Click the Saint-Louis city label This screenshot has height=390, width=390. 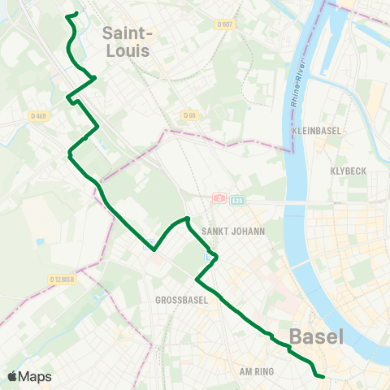(x=128, y=41)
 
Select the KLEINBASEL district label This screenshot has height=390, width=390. (x=317, y=130)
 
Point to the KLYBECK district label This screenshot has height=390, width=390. (x=350, y=171)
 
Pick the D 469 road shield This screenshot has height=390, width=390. (x=37, y=115)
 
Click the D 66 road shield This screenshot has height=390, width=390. (x=189, y=115)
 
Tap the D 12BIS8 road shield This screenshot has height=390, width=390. (x=63, y=279)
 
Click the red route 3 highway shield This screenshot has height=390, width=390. (x=218, y=198)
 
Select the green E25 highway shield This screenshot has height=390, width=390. (x=236, y=198)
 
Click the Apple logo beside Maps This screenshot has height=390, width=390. (x=13, y=376)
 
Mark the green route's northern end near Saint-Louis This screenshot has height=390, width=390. (x=76, y=13)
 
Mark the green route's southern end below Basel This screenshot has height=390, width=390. (x=323, y=376)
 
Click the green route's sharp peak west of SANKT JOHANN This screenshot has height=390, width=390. (x=188, y=218)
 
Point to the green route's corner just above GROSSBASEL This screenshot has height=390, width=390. (x=197, y=280)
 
